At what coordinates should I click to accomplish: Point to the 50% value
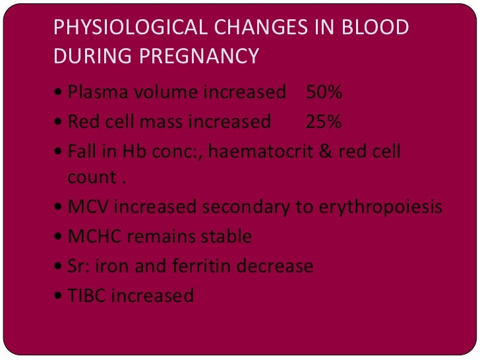324,93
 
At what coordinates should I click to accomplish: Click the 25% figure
324,122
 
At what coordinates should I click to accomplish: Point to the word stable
227,237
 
